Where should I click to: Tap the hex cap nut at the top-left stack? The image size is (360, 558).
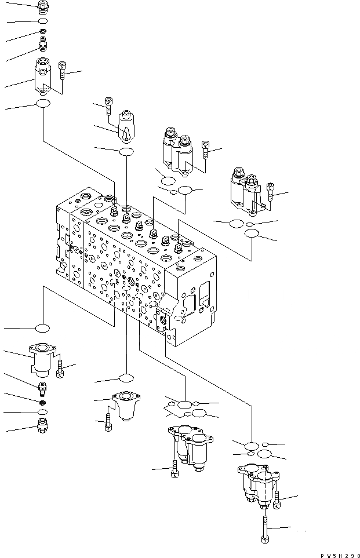pyautogui.click(x=42, y=7)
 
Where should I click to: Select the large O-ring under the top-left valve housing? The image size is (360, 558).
pyautogui.click(x=43, y=104)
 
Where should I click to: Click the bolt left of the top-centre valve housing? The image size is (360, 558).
pyautogui.click(x=108, y=104)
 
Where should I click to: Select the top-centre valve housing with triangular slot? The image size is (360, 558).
pyautogui.click(x=126, y=126)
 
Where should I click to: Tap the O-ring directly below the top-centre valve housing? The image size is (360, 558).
pyautogui.click(x=126, y=152)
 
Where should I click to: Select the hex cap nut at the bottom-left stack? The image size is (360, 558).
pyautogui.click(x=42, y=431)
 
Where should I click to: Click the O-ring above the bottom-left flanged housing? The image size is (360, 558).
pyautogui.click(x=42, y=329)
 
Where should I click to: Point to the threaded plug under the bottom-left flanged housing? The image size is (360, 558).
pyautogui.click(x=42, y=387)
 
